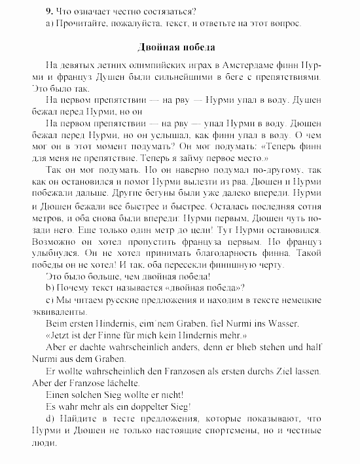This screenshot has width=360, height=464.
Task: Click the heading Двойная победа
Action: pos(176,48)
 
